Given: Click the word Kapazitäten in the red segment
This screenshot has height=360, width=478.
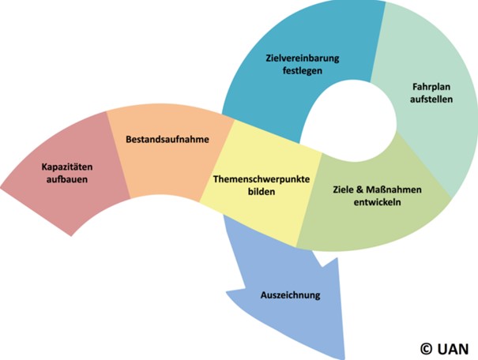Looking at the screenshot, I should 65,167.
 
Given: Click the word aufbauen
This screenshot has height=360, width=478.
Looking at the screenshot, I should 65,179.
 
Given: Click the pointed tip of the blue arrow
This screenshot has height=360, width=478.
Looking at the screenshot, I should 344,355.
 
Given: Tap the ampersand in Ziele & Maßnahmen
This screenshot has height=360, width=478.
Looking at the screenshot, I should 360,190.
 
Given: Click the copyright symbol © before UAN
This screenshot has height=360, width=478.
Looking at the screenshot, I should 426,347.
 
